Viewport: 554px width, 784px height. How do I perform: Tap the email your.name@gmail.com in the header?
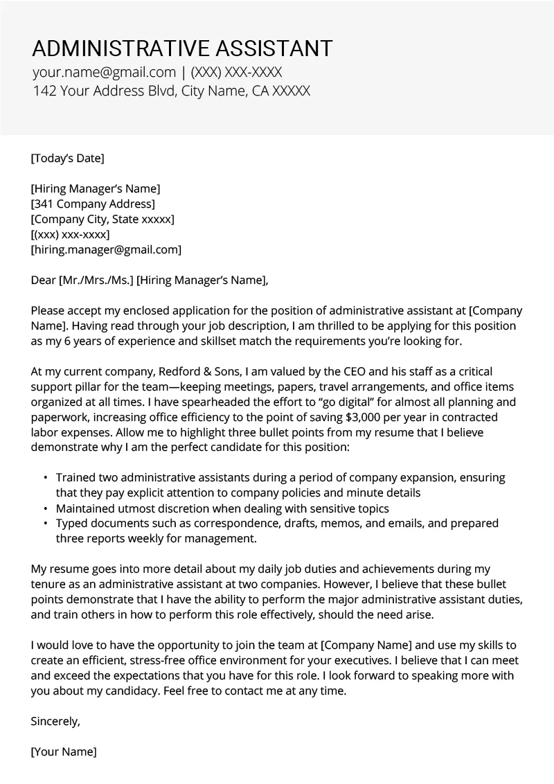pos(104,72)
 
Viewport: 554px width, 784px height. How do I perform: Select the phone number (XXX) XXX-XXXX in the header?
pos(236,72)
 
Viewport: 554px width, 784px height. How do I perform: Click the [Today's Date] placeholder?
pos(67,158)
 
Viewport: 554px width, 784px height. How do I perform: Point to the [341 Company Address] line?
pos(93,204)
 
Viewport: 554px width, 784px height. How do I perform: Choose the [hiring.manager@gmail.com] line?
pos(106,249)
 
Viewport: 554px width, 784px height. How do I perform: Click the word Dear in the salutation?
pos(44,280)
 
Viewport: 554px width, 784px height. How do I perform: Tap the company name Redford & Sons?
pos(166,371)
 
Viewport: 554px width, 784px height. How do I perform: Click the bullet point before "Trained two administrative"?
pos(46,478)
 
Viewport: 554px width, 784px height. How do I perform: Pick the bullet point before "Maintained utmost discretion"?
pos(46,508)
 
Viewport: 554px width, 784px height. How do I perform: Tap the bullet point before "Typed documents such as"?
pos(46,524)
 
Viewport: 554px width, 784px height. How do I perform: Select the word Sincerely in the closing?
pos(55,720)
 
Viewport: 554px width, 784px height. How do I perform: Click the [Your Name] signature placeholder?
pos(64,751)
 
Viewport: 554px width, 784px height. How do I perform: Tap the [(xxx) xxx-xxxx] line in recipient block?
pos(71,234)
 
